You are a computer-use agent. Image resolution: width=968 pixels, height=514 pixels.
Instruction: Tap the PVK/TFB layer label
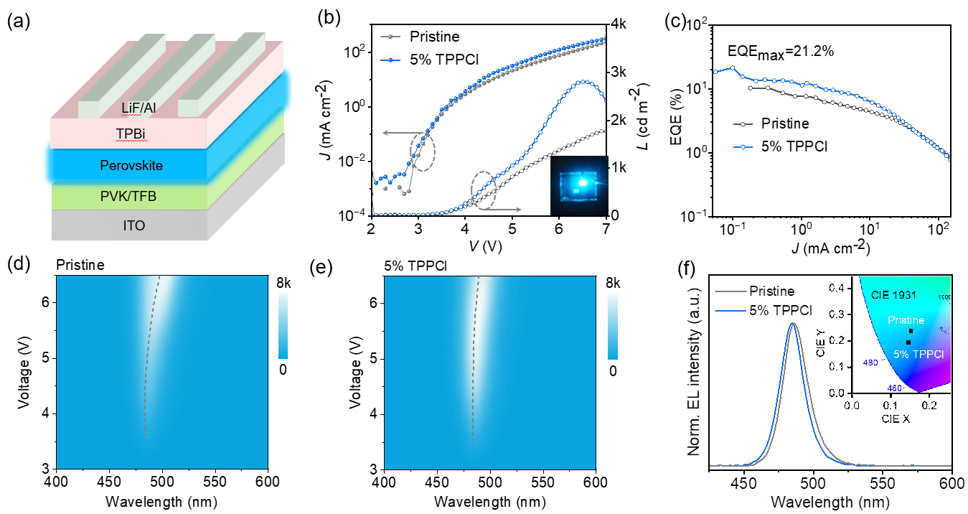[128, 195]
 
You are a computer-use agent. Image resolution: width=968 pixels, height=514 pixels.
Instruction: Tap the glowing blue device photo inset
[579, 185]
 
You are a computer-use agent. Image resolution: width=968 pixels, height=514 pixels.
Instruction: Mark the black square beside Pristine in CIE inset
[911, 331]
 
